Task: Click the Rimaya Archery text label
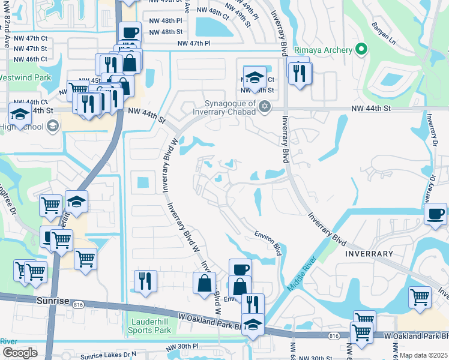click(x=322, y=50)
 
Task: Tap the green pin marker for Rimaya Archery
click(x=360, y=49)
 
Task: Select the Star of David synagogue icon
click(x=265, y=107)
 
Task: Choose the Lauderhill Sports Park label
click(x=151, y=326)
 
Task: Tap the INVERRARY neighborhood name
click(x=369, y=254)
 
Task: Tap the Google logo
click(x=20, y=353)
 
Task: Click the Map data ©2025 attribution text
click(x=423, y=355)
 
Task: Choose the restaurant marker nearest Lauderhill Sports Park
click(x=145, y=280)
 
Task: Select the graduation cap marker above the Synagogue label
click(x=255, y=77)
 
